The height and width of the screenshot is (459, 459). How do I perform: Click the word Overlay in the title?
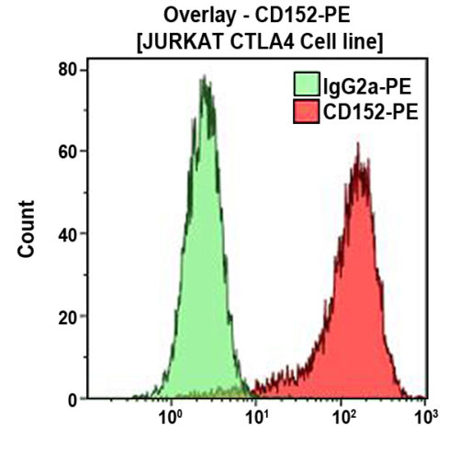(195, 16)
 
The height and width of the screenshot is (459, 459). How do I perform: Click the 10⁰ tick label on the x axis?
(171, 420)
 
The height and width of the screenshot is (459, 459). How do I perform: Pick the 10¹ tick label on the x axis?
(256, 420)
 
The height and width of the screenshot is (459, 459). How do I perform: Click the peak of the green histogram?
(205, 78)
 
